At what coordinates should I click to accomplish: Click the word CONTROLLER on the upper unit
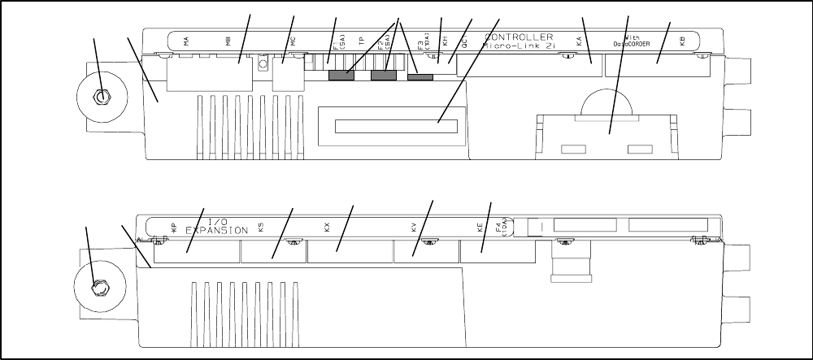pyautogui.click(x=519, y=37)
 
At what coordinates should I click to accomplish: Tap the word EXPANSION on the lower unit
pyautogui.click(x=216, y=231)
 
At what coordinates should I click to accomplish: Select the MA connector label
pyautogui.click(x=186, y=42)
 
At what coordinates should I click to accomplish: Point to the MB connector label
pyautogui.click(x=229, y=42)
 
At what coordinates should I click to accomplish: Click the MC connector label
pyautogui.click(x=293, y=41)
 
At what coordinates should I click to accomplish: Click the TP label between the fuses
pyautogui.click(x=362, y=43)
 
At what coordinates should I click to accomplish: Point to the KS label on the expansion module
pyautogui.click(x=260, y=228)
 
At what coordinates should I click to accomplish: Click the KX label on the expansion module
pyautogui.click(x=328, y=228)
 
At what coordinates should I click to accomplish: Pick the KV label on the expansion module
pyautogui.click(x=414, y=228)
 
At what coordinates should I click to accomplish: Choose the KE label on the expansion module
pyautogui.click(x=480, y=228)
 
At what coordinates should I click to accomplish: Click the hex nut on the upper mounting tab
pyautogui.click(x=99, y=97)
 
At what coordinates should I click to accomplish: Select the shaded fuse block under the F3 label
pyautogui.click(x=420, y=77)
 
